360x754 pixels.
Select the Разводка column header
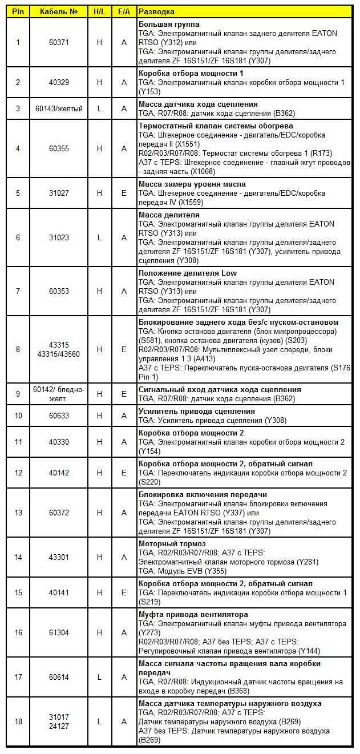[x=157, y=11]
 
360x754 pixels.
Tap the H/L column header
[x=99, y=11]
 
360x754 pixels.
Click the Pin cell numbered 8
[x=18, y=349]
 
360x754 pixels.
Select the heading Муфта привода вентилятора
[x=193, y=615]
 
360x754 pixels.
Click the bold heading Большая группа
[x=168, y=25]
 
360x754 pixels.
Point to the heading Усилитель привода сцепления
[x=197, y=412]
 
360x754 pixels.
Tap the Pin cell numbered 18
[x=18, y=721]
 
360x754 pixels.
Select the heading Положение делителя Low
[x=188, y=273]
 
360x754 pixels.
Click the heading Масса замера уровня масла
[x=192, y=184]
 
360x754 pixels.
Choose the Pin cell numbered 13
[x=18, y=513]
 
